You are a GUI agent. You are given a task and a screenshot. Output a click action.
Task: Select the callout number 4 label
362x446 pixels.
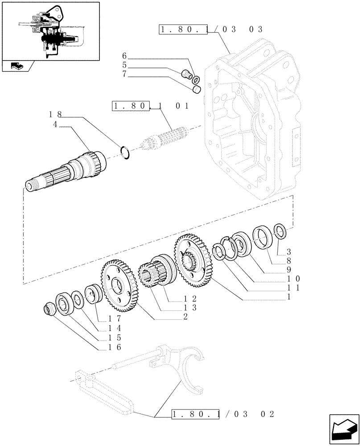[55, 125]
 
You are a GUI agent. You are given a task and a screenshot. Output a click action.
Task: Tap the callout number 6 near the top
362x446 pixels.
[124, 56]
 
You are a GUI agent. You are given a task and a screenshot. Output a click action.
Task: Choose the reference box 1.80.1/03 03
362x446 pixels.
[211, 30]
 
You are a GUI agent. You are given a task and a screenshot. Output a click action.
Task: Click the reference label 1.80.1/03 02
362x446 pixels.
[222, 414]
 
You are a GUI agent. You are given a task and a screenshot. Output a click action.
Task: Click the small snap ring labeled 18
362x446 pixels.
[125, 152]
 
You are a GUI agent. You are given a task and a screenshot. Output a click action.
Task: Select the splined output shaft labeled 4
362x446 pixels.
[67, 172]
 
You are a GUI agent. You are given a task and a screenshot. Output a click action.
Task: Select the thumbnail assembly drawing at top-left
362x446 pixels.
[50, 31]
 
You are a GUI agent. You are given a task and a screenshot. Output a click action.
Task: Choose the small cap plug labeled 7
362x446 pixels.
[195, 91]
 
